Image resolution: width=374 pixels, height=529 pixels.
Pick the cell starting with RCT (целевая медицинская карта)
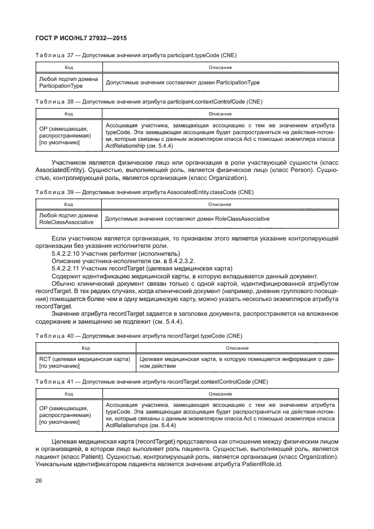(x=85, y=363)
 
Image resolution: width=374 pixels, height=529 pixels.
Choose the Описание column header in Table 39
(x=220, y=204)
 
